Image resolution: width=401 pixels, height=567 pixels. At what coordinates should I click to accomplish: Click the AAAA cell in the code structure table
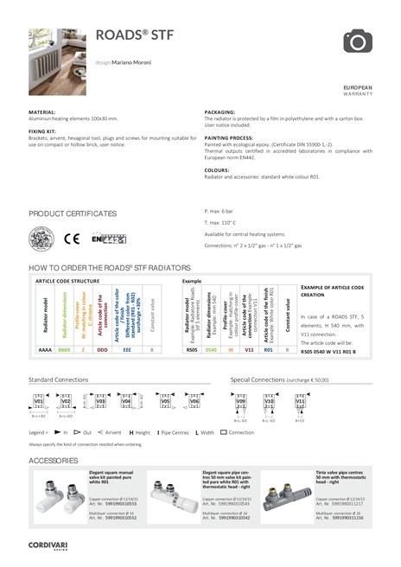[x=45, y=350]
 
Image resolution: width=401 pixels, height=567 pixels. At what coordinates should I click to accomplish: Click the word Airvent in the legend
[x=113, y=430]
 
